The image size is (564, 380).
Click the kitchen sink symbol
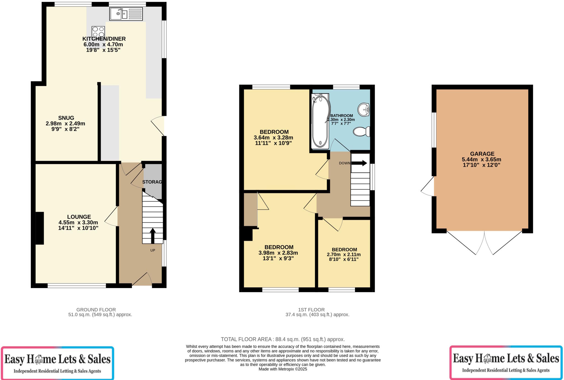[126, 14]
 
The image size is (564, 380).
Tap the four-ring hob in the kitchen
[98, 32]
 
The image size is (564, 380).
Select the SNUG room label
[66, 118]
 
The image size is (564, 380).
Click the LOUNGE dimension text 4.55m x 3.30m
[78, 222]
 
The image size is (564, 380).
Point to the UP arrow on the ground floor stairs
[152, 235]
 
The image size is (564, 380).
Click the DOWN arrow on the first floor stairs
[359, 163]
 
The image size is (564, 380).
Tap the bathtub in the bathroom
[320, 121]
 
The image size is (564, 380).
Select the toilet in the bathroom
[362, 132]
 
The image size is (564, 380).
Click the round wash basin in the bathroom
[364, 110]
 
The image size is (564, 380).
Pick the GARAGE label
[482, 154]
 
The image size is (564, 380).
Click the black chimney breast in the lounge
[40, 228]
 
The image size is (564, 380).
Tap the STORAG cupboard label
[152, 182]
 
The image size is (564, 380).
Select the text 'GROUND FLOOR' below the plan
[96, 310]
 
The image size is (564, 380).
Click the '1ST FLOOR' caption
[311, 310]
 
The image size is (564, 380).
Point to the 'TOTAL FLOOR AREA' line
[283, 339]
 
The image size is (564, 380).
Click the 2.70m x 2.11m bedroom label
[344, 255]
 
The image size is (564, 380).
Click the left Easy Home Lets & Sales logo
[57, 363]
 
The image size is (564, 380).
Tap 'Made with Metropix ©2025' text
[283, 369]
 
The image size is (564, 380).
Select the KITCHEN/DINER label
[104, 39]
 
